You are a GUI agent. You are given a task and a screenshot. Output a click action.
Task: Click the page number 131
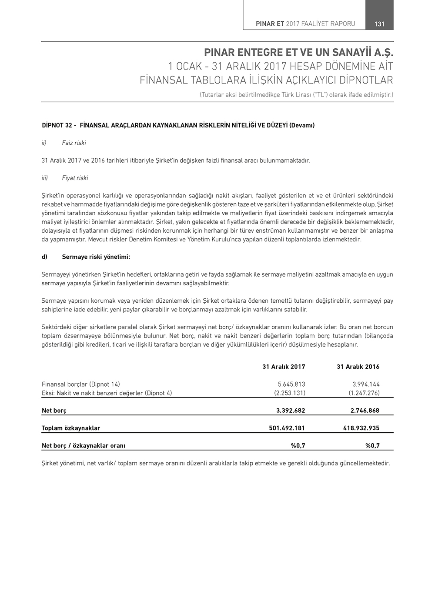[379, 24]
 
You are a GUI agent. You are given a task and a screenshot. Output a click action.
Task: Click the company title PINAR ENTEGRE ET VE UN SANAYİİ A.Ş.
[298, 53]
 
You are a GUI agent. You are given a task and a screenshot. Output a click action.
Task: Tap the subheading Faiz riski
[74, 143]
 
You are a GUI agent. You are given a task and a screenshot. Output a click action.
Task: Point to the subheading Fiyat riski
[75, 178]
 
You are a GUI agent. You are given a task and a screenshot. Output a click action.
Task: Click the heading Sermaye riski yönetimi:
[96, 257]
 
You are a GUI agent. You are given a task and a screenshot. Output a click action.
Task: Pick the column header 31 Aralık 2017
[284, 367]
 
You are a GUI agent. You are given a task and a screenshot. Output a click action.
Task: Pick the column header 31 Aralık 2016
[358, 367]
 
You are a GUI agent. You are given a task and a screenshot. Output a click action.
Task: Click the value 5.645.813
[291, 384]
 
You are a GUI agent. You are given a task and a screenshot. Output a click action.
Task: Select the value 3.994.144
[366, 384]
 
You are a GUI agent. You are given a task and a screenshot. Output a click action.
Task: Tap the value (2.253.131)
[290, 393]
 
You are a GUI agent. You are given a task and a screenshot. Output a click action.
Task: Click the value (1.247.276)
[364, 393]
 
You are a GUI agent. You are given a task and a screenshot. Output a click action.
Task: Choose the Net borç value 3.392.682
[291, 410]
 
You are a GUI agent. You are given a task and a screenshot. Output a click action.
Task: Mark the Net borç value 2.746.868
[365, 410]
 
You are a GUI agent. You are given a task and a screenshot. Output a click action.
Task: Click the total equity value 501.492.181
[287, 428]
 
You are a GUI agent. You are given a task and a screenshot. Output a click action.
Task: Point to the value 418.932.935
[361, 428]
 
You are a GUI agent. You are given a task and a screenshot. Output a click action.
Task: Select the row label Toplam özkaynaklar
[71, 428]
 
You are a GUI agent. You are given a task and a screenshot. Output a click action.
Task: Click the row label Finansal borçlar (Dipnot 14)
[81, 384]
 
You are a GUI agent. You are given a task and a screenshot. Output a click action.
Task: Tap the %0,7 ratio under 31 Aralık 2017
[298, 445]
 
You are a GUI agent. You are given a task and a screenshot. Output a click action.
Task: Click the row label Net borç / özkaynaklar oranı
[84, 445]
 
